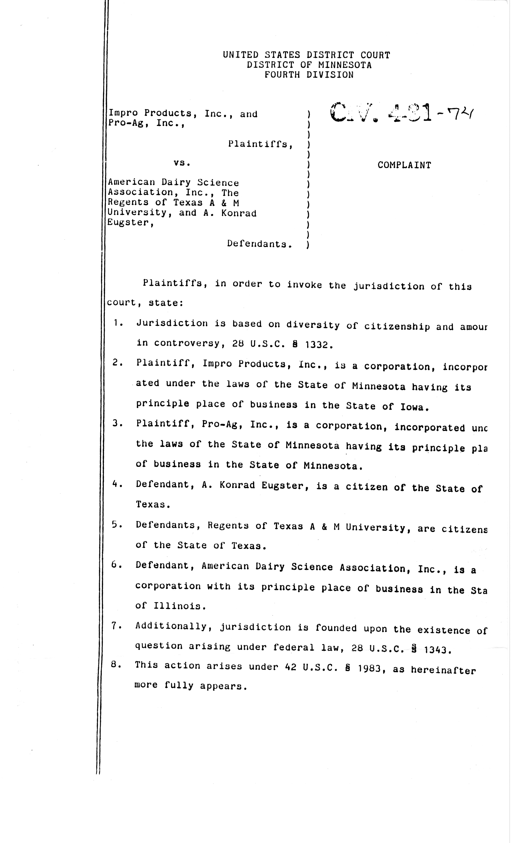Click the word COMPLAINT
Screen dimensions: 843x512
pos(404,165)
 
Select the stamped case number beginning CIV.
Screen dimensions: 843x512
pos(400,113)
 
